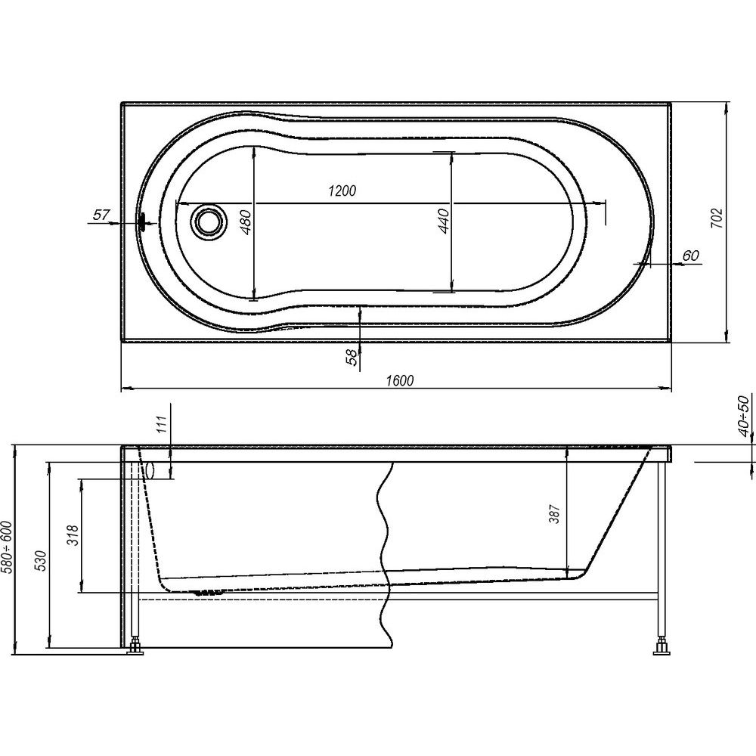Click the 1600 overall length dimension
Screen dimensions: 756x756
[x=400, y=380]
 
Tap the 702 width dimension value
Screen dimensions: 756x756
[x=717, y=218]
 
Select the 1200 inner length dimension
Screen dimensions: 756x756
[x=342, y=191]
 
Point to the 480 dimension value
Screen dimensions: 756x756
[x=246, y=222]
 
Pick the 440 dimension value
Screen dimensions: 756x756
[x=444, y=222]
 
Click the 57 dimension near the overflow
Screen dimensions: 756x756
[x=101, y=215]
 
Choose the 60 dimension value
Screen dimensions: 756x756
[x=690, y=256]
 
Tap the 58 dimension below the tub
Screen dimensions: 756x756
[x=353, y=358]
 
